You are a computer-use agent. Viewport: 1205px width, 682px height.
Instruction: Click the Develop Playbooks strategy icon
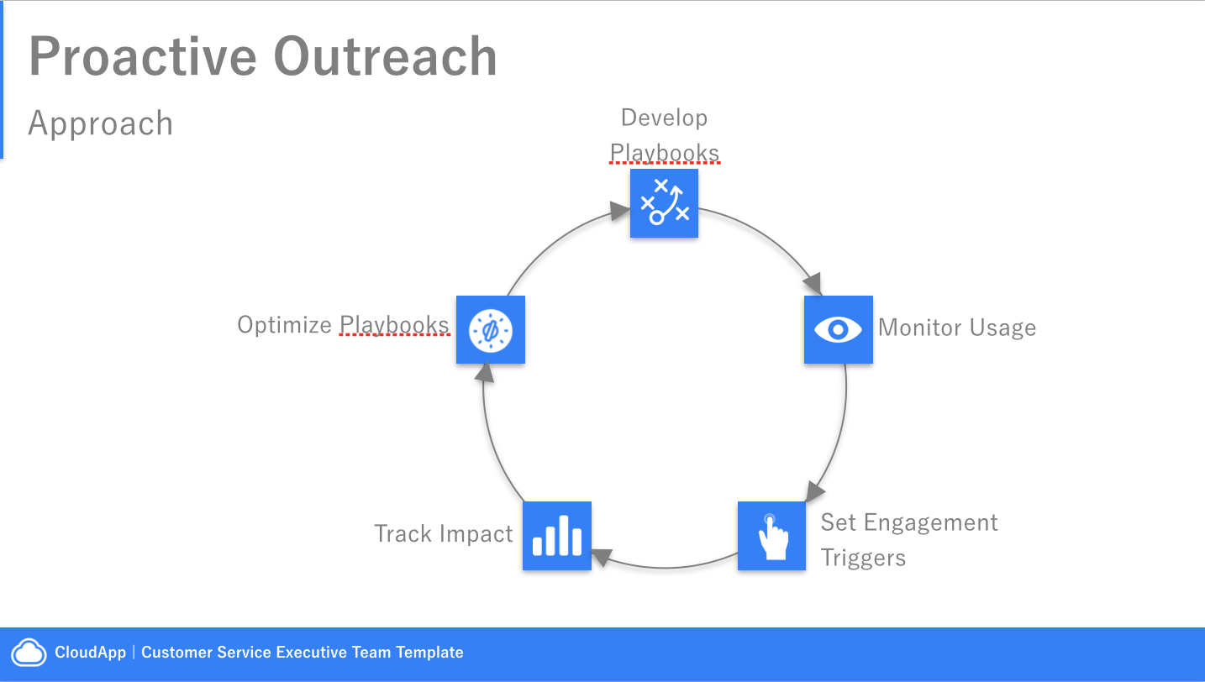pos(664,203)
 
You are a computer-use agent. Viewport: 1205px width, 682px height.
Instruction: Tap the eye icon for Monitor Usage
pos(838,330)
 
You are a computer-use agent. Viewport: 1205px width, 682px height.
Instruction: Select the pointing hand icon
pos(771,536)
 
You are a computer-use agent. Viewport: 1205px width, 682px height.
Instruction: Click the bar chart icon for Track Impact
pos(557,536)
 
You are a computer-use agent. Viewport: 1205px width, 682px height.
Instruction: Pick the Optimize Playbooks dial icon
pos(491,330)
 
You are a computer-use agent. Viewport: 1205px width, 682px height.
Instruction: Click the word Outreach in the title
pos(385,56)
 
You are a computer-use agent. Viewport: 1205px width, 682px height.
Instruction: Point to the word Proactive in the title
pos(143,56)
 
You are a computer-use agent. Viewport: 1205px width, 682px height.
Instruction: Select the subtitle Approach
pos(101,123)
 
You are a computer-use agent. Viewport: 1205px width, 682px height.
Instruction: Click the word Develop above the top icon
pos(665,118)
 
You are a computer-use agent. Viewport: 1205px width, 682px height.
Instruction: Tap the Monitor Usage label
pos(957,328)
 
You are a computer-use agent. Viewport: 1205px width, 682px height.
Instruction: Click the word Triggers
pos(863,558)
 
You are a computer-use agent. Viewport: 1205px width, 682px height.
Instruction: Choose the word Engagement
pos(931,522)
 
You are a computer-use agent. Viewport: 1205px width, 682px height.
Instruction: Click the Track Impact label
pos(444,533)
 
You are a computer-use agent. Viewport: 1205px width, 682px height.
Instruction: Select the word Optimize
pos(285,325)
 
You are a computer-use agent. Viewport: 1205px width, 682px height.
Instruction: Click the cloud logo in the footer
pos(29,653)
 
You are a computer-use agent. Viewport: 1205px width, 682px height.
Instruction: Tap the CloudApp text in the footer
pos(91,653)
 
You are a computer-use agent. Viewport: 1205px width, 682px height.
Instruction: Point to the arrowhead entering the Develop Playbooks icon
pos(620,210)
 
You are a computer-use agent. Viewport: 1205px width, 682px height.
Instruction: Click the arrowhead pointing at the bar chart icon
pos(602,557)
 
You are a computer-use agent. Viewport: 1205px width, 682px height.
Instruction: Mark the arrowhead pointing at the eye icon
pos(813,283)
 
